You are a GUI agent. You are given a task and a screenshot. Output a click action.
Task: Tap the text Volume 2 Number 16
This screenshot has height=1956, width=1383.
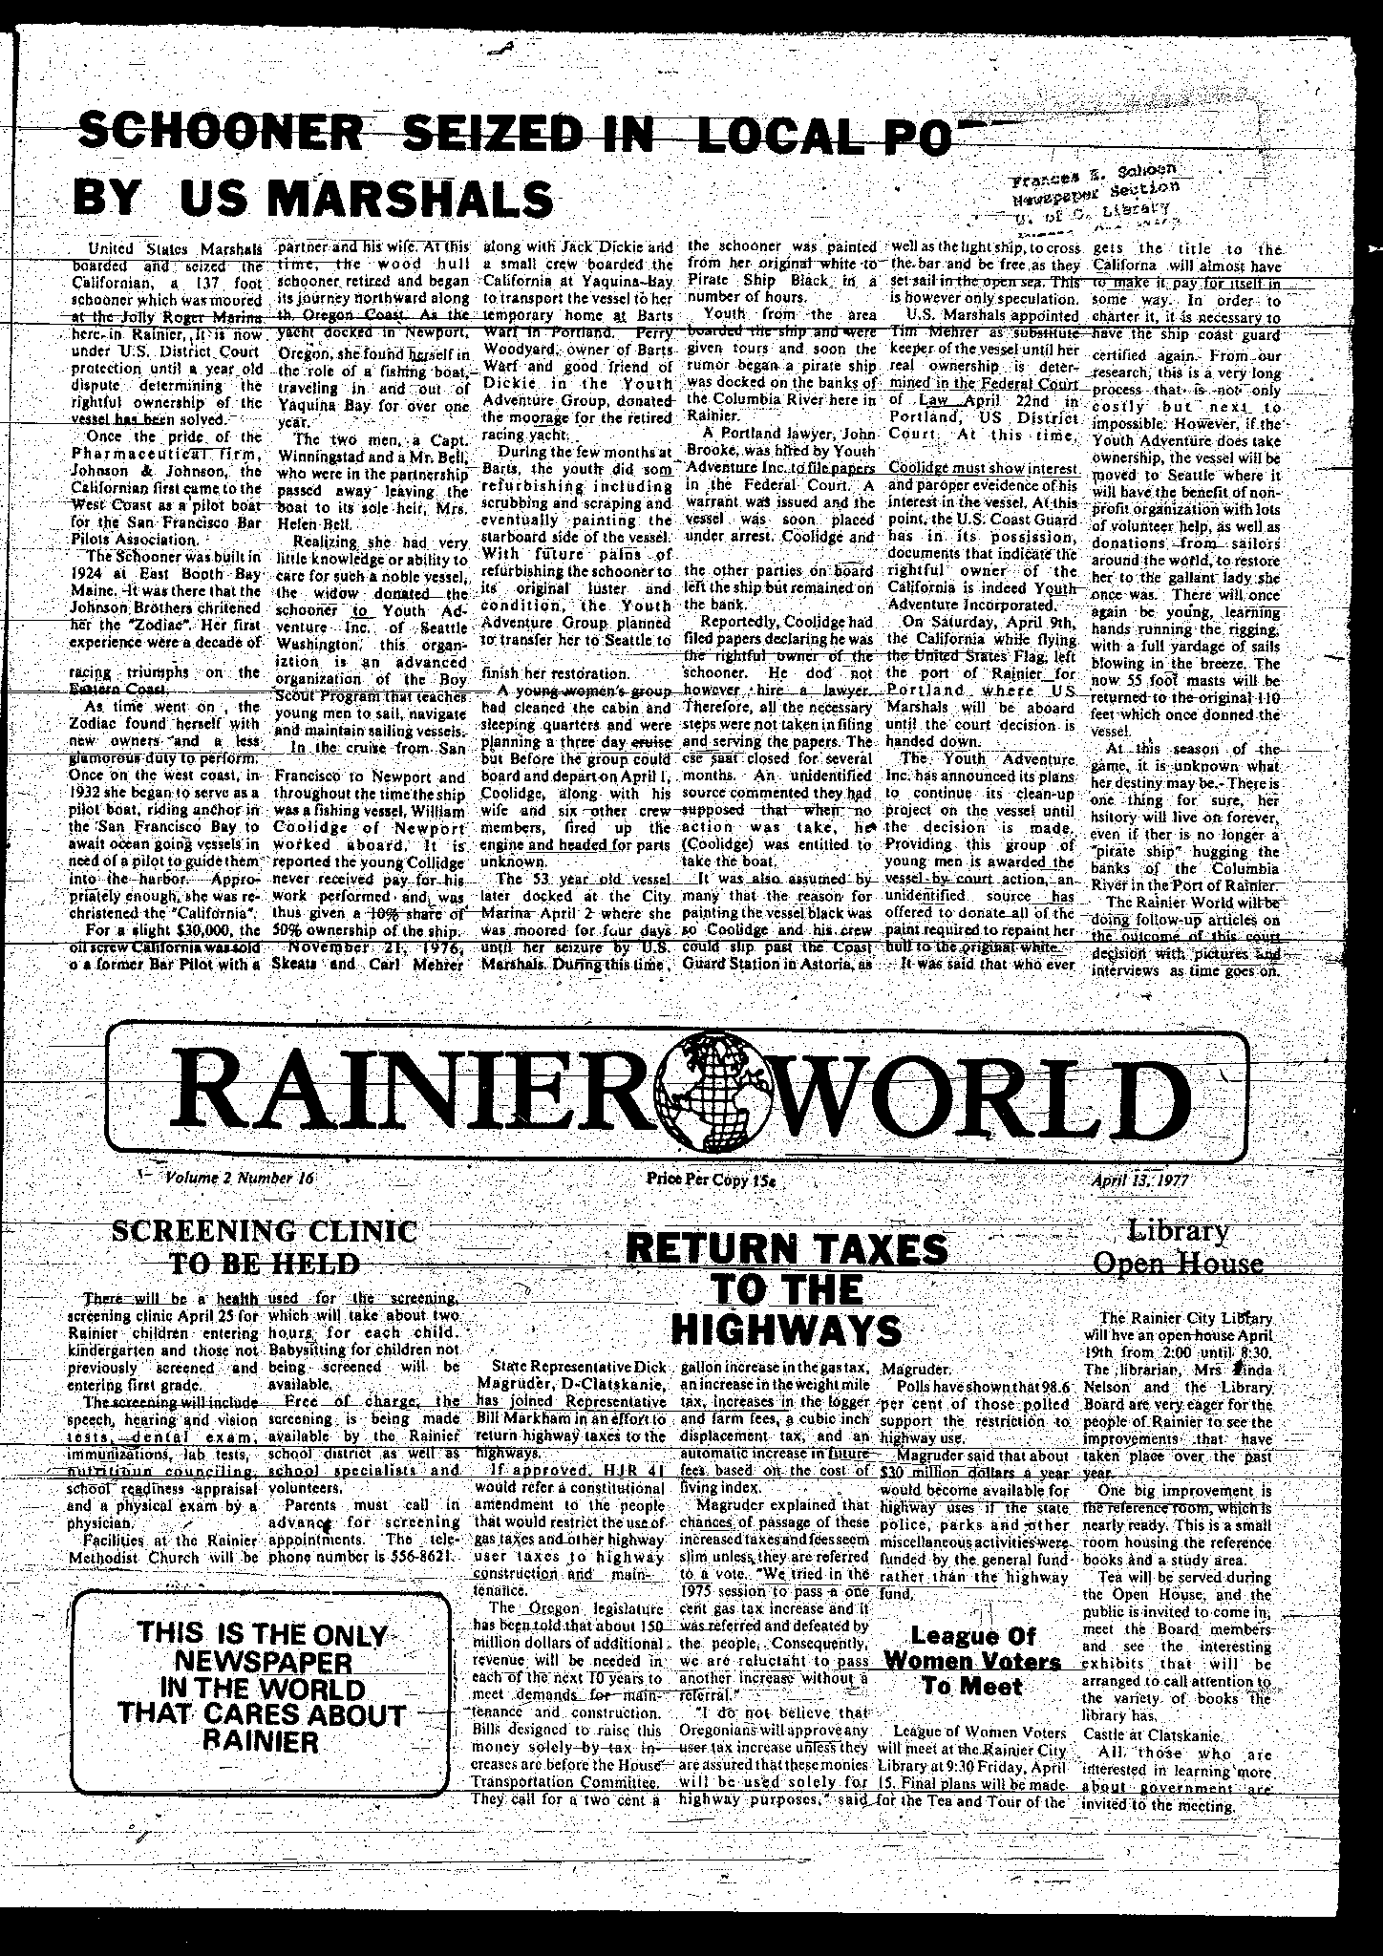(x=240, y=1178)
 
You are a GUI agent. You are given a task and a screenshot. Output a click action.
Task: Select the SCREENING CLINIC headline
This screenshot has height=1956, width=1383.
(x=265, y=1231)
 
